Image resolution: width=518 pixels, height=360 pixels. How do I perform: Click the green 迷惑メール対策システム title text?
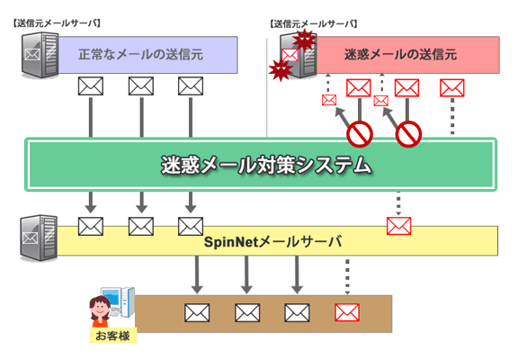(x=266, y=165)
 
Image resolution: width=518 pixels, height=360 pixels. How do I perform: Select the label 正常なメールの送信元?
(x=140, y=55)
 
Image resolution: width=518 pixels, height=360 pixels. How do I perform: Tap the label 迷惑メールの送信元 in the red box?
(x=401, y=55)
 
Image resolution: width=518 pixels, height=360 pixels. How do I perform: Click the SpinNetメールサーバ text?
(x=272, y=242)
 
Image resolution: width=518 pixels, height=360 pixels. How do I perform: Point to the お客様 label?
(x=112, y=336)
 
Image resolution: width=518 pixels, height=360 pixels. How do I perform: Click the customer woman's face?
(x=99, y=310)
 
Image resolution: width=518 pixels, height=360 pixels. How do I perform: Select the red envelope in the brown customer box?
(x=347, y=312)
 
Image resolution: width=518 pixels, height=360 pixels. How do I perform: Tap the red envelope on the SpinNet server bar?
(x=398, y=226)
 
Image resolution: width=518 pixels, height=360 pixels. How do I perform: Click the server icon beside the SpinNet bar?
(x=39, y=238)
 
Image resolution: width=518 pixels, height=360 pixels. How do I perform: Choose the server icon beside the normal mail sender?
(x=40, y=55)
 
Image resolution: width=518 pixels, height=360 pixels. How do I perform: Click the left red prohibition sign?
(x=360, y=134)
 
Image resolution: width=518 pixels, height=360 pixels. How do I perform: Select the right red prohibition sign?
(x=408, y=134)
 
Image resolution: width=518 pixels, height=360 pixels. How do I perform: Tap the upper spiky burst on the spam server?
(x=305, y=40)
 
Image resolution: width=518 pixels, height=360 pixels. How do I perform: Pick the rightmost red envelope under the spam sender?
(x=452, y=88)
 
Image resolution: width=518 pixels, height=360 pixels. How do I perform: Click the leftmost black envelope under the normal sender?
(x=91, y=86)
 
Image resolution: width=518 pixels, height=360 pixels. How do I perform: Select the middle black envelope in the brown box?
(x=247, y=312)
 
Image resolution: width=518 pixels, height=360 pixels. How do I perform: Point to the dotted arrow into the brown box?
(x=347, y=277)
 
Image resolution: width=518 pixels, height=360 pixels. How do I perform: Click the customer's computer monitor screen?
(x=111, y=298)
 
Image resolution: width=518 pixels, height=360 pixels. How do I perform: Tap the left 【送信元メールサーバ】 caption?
(x=57, y=23)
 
